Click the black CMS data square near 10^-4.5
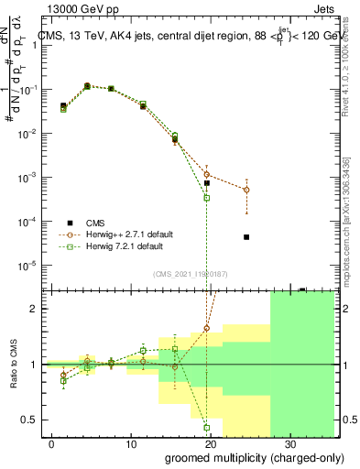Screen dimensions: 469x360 pos(246,237)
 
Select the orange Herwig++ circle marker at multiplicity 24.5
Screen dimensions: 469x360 pos(246,190)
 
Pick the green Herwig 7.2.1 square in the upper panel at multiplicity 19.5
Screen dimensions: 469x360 pos(207,198)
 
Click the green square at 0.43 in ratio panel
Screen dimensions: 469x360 pos(207,427)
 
